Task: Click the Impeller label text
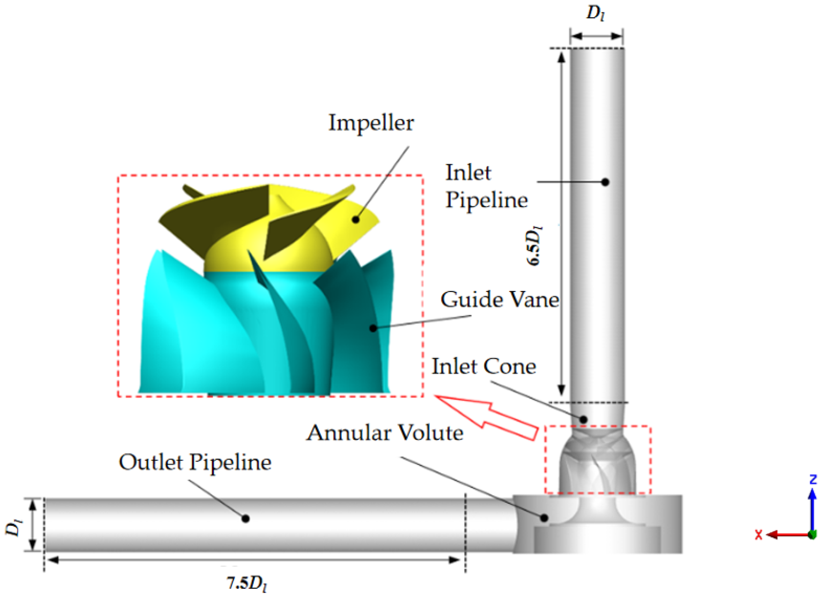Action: coord(371,123)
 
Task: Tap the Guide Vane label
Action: coord(500,300)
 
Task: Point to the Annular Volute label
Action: coord(385,433)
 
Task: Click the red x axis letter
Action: coord(759,535)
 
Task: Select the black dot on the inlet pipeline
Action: coord(605,182)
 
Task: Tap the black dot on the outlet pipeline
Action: coord(246,519)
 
